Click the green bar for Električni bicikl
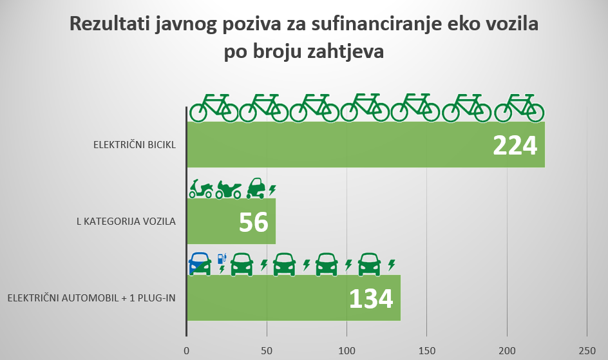click(335, 145)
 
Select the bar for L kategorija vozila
click(213, 221)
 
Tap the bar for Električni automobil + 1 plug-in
click(271, 298)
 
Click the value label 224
click(515, 146)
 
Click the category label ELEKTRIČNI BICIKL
click(135, 144)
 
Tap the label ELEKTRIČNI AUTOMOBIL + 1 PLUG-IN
click(91, 298)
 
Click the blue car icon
click(200, 263)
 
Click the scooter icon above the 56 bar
click(201, 189)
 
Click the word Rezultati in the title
click(112, 26)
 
